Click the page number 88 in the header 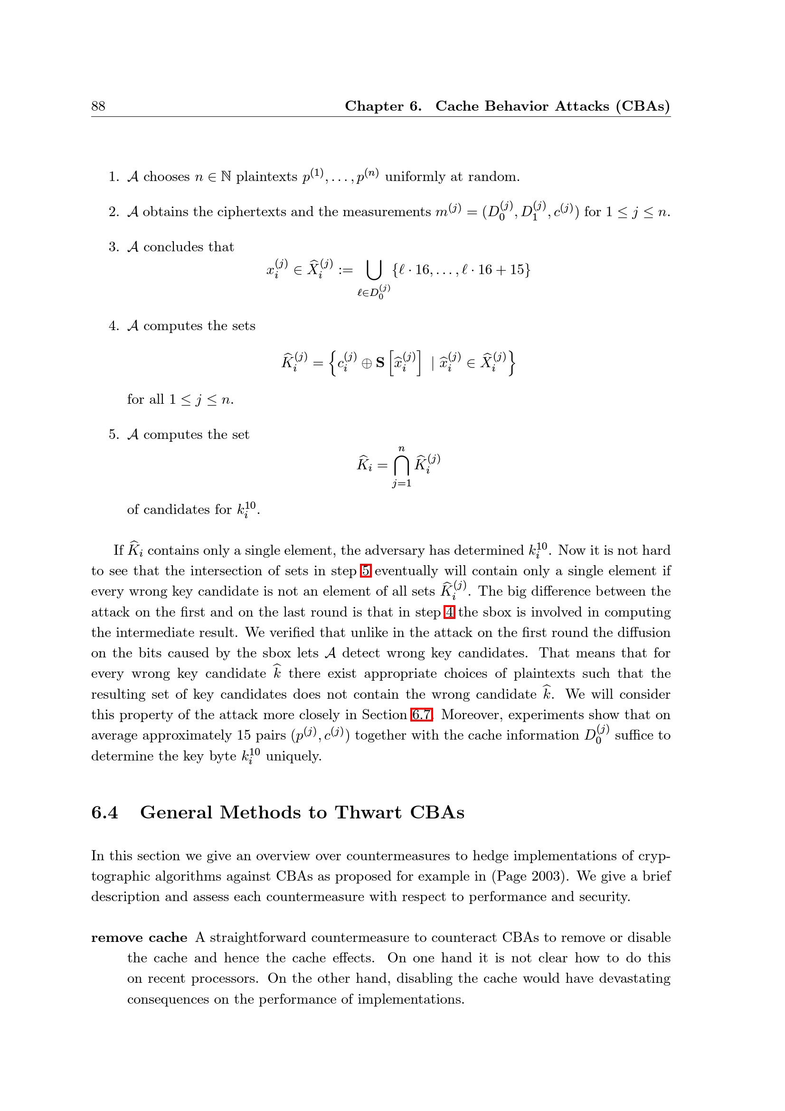click(98, 106)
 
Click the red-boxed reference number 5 click(366, 571)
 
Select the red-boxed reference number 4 click(449, 612)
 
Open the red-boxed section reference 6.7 click(421, 715)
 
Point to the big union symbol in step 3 click(374, 270)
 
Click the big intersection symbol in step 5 click(401, 466)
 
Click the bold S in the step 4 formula click(380, 362)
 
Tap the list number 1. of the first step click(113, 177)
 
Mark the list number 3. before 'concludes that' click(113, 247)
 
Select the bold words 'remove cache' click(139, 938)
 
